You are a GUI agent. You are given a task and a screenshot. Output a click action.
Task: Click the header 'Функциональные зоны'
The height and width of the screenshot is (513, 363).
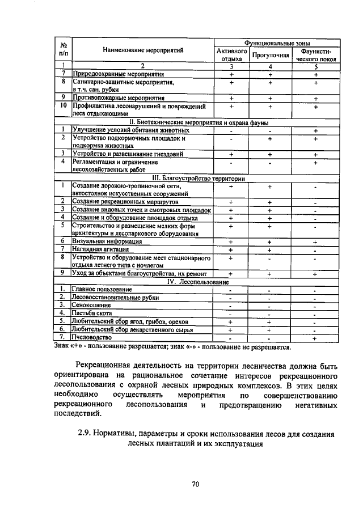tap(277, 43)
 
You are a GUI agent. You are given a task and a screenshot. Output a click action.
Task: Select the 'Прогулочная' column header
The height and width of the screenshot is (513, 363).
tap(271, 55)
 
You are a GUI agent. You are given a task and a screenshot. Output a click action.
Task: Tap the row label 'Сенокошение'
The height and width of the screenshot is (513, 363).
tap(90, 306)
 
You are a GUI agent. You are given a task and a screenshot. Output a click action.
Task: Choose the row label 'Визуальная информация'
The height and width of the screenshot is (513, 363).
tap(106, 241)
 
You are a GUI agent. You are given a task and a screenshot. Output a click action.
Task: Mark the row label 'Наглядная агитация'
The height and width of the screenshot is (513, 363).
tap(101, 249)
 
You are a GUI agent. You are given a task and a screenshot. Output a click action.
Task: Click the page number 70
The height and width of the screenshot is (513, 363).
tap(196, 484)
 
